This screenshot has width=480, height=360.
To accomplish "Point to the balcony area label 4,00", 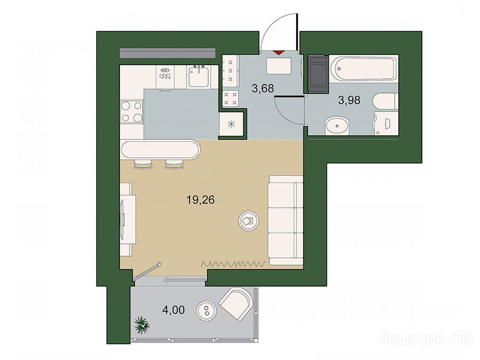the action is (x=173, y=310).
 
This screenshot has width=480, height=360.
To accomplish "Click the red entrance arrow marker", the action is (x=278, y=52).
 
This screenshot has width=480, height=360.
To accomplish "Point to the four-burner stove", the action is (x=132, y=112).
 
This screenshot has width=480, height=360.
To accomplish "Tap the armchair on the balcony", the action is (x=237, y=303).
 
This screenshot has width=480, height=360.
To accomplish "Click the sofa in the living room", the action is (x=285, y=220).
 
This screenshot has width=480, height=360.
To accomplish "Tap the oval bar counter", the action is (x=160, y=150).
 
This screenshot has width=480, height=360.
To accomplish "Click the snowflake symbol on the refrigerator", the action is (x=232, y=124).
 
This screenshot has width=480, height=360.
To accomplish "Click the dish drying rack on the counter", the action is (x=165, y=73).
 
